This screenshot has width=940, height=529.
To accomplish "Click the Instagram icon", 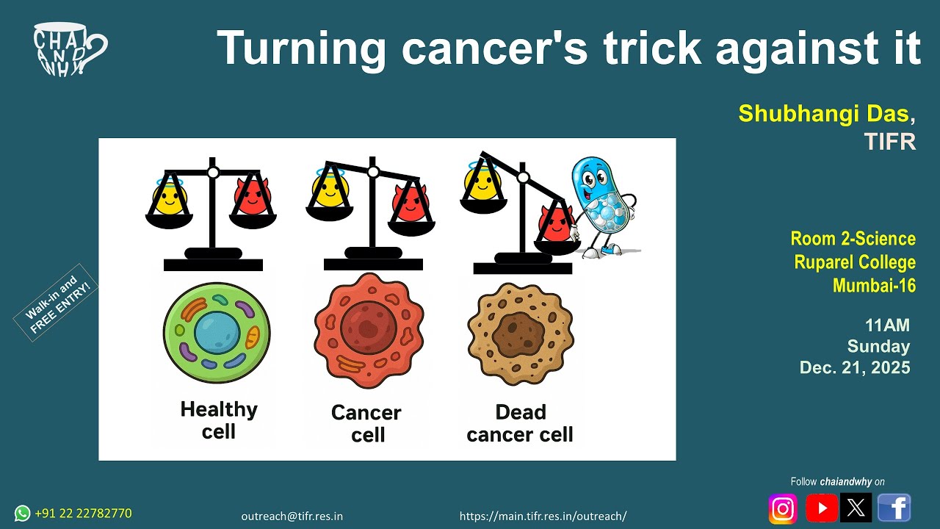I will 783,508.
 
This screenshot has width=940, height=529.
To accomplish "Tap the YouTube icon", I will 822,508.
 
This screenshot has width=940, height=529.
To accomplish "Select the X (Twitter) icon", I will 856,508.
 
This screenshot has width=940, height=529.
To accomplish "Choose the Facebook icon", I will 894,508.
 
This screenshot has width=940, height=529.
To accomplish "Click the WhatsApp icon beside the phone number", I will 23,513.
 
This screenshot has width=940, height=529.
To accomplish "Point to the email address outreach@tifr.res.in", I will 292,516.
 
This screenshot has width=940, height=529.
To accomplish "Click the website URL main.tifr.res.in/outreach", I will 543,516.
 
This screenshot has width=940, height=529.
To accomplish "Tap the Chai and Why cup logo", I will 69,48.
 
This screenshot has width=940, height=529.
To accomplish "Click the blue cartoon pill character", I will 602,206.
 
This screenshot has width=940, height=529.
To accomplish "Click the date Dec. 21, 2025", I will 855,367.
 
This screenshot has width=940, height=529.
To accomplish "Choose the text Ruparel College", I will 855,262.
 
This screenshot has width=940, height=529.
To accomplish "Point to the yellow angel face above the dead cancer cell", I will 481,182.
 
